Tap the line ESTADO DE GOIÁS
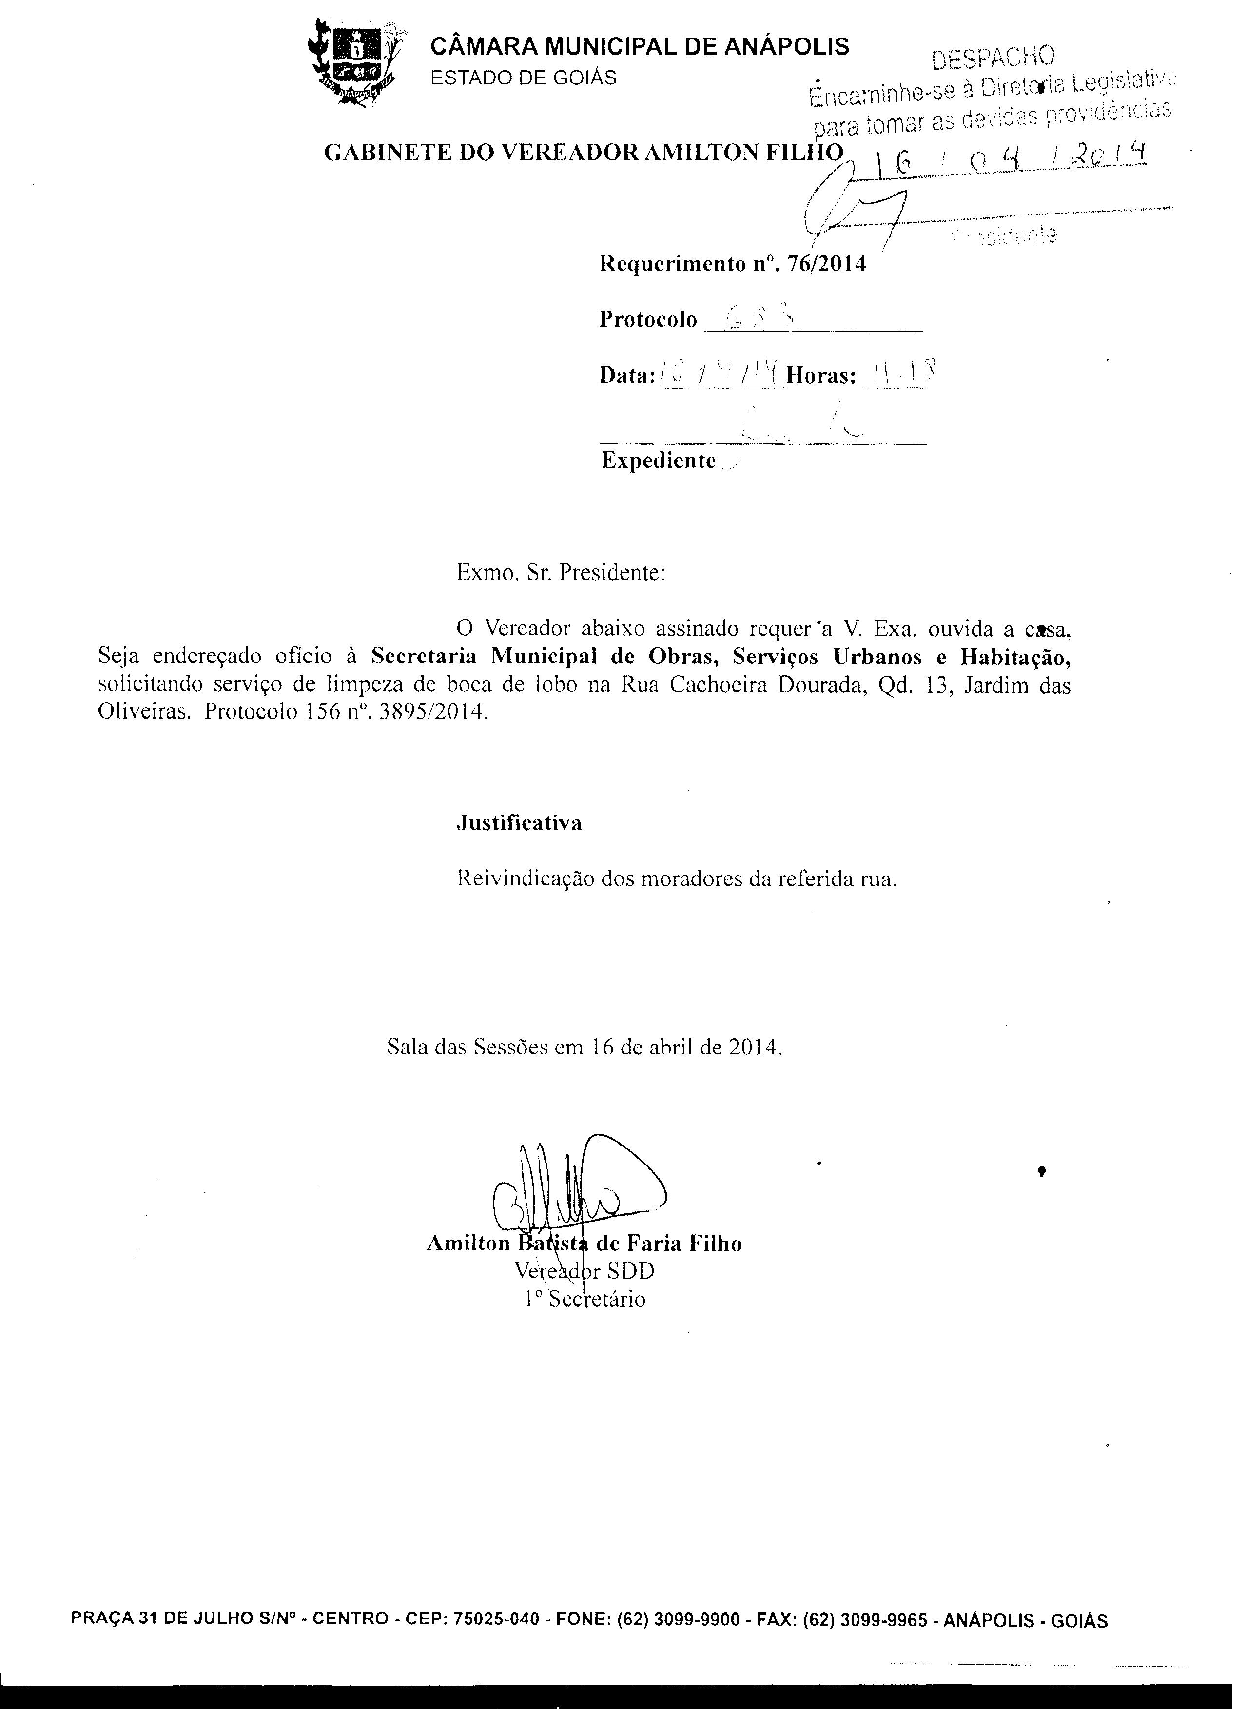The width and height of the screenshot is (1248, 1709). tap(523, 78)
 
